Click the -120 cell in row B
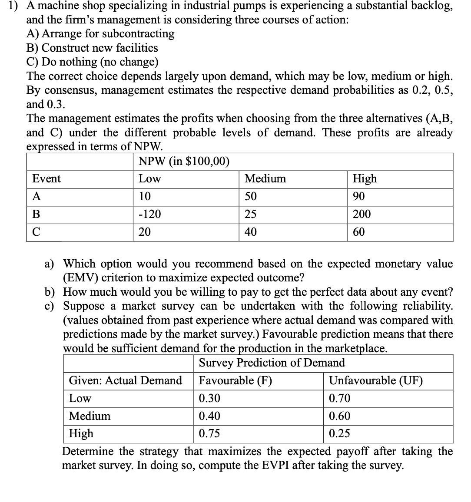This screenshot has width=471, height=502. [149, 214]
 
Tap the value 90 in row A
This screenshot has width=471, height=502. [359, 196]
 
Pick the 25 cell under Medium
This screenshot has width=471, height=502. [250, 214]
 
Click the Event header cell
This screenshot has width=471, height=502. [46, 178]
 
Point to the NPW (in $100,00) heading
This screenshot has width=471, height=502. [183, 162]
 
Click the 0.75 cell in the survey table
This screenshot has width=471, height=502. [209, 434]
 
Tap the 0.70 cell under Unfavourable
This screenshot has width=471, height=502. [339, 398]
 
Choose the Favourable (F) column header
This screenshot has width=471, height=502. [235, 380]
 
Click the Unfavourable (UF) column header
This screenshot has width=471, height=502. [375, 380]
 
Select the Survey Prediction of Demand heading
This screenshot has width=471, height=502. [272, 363]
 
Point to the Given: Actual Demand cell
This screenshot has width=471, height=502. [125, 380]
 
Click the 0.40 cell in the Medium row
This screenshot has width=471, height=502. [209, 416]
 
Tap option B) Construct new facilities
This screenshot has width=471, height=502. [92, 48]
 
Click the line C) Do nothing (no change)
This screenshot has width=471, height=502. [92, 62]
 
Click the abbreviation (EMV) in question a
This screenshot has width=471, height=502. [80, 278]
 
